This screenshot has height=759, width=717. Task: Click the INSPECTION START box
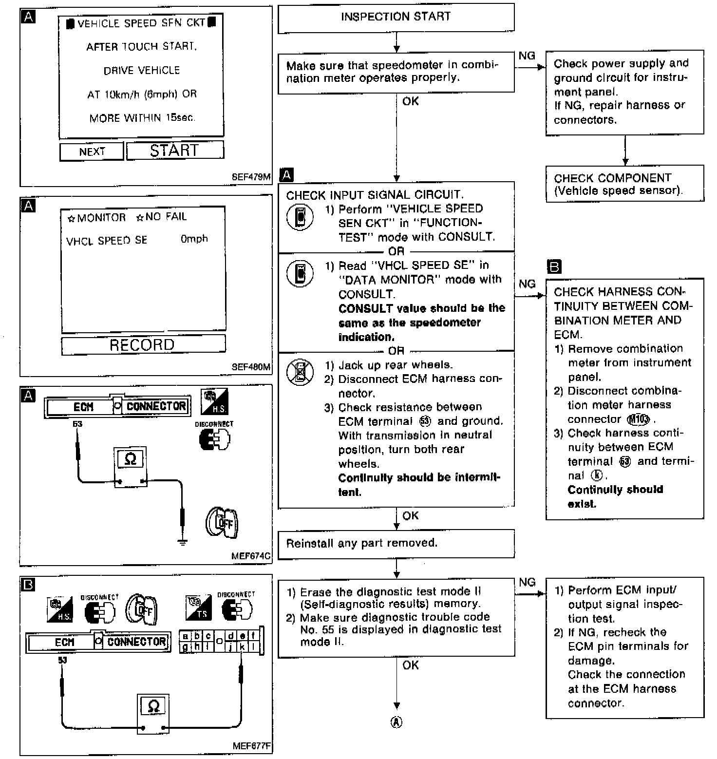[x=396, y=18]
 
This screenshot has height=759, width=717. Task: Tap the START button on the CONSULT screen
[x=175, y=151]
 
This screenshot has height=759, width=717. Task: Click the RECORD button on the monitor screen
[x=143, y=345]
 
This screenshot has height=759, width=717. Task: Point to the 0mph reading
[x=194, y=239]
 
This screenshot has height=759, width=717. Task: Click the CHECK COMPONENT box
[x=624, y=184]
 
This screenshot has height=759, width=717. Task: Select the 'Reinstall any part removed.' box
[x=396, y=544]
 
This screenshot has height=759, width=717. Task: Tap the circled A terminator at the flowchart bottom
[x=396, y=722]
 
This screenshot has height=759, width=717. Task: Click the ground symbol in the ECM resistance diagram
[x=183, y=542]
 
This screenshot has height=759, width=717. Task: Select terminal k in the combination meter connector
[x=242, y=647]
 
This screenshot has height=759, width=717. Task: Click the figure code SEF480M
[x=251, y=367]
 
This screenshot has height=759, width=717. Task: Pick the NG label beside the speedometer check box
[x=527, y=56]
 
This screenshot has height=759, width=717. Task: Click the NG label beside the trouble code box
[x=527, y=582]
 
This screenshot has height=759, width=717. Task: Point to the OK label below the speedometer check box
[x=411, y=101]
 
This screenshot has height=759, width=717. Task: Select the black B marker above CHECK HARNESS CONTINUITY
[x=554, y=267]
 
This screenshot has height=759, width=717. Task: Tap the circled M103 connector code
[x=639, y=419]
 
